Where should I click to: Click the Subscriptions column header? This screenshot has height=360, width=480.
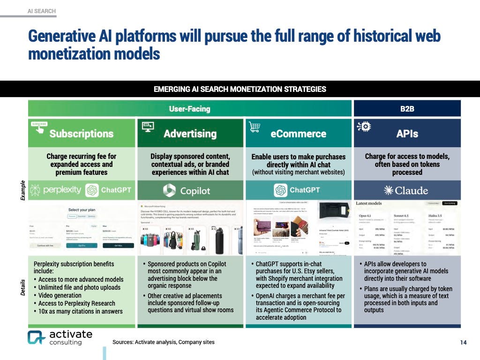81,134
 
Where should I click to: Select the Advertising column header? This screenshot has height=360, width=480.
190,134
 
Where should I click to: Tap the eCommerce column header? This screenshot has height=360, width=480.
298,134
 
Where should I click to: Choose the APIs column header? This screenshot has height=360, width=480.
407,134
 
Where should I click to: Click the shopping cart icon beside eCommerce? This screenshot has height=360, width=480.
255,127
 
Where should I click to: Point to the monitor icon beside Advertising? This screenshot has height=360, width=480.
148,127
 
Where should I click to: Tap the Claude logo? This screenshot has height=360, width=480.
406,190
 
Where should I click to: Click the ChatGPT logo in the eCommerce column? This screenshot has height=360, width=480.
298,190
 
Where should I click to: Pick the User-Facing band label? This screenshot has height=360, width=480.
189,109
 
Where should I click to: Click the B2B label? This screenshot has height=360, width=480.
407,109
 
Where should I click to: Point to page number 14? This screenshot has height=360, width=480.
463,343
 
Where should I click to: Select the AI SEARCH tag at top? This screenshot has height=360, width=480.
41,10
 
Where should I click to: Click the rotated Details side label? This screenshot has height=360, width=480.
22,287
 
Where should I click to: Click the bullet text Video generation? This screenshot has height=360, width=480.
60,295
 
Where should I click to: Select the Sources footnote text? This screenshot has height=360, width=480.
163,342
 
